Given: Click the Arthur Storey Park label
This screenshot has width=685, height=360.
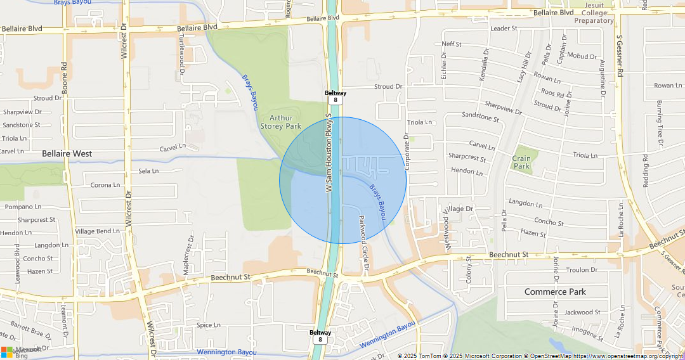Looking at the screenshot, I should coord(281,122).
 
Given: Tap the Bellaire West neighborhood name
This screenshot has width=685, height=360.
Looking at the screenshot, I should coord(67,153).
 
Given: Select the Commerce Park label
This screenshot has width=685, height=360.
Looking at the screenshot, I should coord(555,292).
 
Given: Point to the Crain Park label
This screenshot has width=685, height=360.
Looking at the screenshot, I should coord(521,162).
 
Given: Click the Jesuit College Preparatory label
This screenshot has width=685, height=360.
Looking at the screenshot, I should coord(598,13).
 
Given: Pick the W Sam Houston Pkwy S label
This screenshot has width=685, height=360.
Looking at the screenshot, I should coord(329,153).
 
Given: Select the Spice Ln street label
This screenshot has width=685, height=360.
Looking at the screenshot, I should coord(208,325).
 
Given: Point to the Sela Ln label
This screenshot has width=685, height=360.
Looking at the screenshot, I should coord(148,171).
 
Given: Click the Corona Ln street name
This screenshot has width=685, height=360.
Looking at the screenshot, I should coord(105,185).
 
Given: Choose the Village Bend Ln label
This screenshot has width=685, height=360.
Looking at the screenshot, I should coord(98,231).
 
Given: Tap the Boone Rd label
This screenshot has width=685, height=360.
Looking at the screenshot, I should coord(64,78).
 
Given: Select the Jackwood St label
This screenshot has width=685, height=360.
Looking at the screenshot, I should coord(582,312).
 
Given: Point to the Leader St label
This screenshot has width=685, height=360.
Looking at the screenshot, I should coord(504,29).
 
